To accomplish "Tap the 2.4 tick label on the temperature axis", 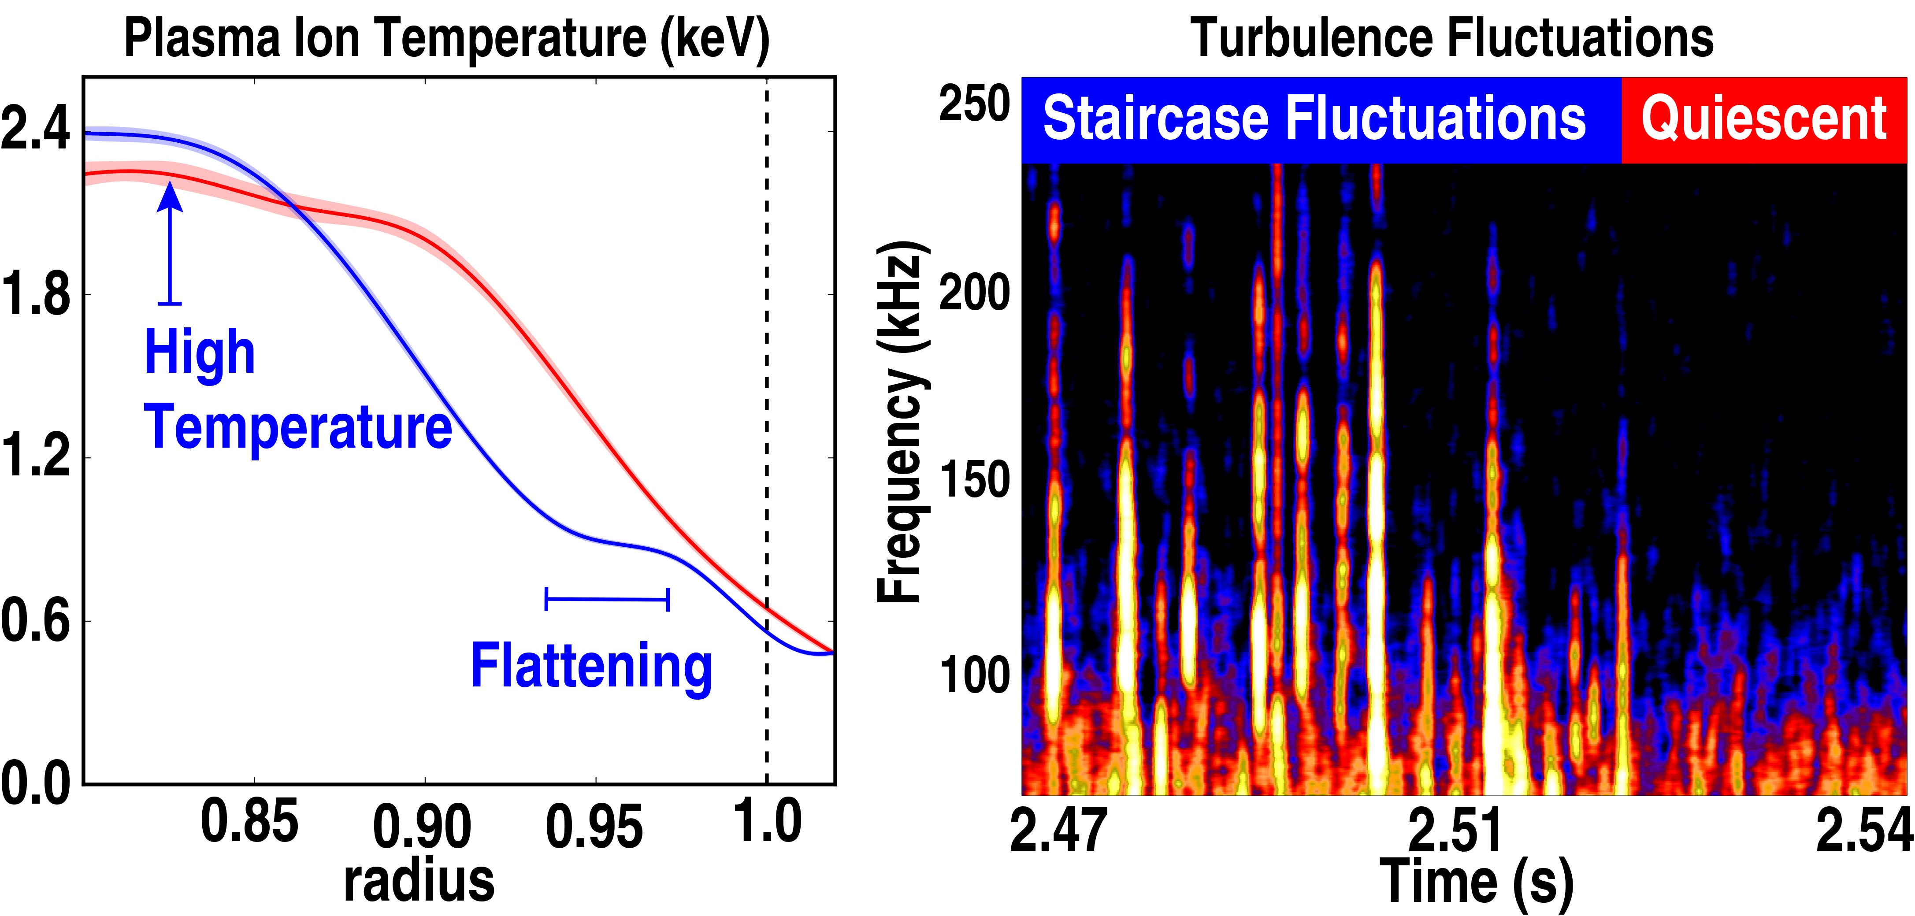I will (36, 128).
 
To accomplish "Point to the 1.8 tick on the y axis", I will (36, 293).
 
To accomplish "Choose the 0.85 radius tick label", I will (250, 822).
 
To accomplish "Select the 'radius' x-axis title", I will (419, 881).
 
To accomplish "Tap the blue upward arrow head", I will (170, 197).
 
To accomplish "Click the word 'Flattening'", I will (591, 667).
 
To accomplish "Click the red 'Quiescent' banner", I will (1763, 119).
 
